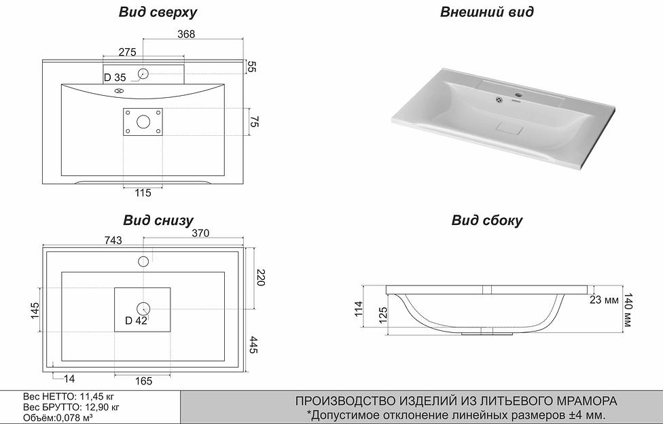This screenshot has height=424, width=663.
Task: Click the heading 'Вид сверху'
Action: [158, 12]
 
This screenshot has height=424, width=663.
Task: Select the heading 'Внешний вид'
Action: [486, 12]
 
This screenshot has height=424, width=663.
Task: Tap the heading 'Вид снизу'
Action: [158, 220]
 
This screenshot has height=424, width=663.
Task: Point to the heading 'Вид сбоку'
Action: [487, 220]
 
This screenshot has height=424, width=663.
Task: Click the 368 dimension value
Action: [186, 35]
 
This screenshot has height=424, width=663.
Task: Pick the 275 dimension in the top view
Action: [127, 52]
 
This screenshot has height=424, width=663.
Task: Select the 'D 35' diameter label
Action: [115, 77]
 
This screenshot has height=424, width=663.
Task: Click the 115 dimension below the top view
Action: [143, 194]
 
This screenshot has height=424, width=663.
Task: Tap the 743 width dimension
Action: [113, 240]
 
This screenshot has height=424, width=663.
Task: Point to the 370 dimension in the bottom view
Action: [200, 233]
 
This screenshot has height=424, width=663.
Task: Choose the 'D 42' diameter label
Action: [136, 321]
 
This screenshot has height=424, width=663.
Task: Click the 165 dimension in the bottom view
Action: [143, 381]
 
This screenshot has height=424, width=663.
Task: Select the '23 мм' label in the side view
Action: [604, 299]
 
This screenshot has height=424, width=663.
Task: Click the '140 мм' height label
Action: [628, 310]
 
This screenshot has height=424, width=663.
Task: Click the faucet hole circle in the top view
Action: [143, 73]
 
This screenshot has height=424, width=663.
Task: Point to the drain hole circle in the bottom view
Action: [143, 308]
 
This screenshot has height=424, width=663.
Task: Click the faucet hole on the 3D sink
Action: [519, 94]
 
